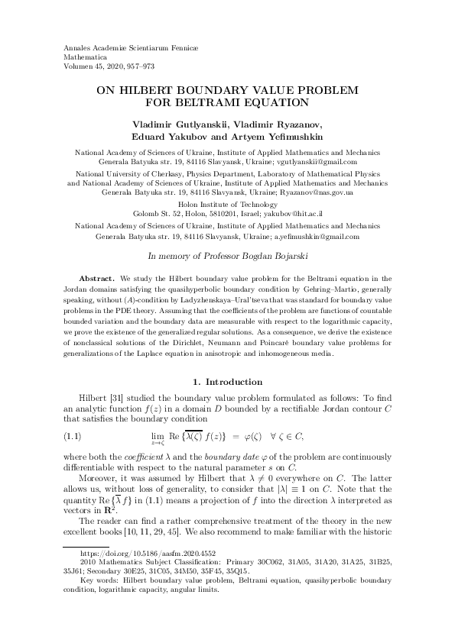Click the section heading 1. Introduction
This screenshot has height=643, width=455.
[x=227, y=381]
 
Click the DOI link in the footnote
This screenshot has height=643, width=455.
[x=124, y=593]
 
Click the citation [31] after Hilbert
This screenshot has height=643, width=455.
[x=116, y=398]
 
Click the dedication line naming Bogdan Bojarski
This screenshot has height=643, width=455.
[x=227, y=258]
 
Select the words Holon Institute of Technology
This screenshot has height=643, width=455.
[x=227, y=205]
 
